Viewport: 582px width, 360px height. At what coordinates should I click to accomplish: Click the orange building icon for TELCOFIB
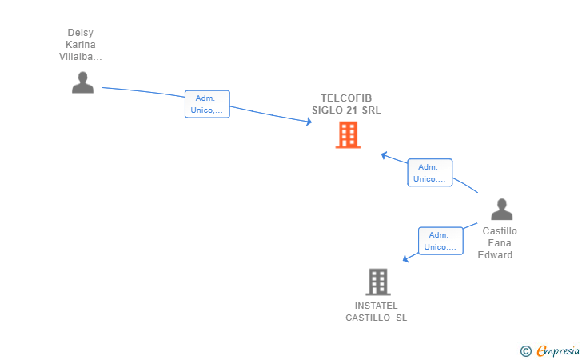(348, 135)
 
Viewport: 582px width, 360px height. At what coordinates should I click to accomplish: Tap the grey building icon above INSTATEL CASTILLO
(377, 282)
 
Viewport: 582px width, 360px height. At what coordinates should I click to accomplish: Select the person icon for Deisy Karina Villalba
(82, 82)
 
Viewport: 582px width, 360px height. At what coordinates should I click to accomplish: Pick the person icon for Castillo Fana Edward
(501, 210)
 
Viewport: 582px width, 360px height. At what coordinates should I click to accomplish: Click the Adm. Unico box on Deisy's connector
(207, 104)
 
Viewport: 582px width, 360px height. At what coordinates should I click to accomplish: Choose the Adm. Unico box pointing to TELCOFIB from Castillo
(429, 173)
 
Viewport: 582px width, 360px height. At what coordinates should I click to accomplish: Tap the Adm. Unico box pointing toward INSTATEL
(440, 241)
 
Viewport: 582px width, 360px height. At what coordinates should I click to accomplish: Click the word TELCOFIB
(346, 98)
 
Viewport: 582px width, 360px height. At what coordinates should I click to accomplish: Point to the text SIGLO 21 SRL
(346, 110)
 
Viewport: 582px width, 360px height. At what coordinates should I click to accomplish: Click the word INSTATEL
(376, 306)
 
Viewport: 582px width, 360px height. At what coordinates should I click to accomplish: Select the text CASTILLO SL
(376, 318)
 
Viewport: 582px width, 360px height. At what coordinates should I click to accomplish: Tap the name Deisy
(81, 33)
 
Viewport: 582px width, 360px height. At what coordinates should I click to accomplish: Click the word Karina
(81, 45)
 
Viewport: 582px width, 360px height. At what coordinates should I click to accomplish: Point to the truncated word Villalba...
(81, 57)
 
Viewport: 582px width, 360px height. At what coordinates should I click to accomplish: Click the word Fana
(500, 243)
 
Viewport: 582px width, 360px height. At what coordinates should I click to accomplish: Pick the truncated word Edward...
(500, 255)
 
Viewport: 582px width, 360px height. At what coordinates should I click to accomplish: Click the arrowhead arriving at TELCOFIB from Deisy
(309, 122)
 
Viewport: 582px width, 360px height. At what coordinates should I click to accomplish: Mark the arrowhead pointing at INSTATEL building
(406, 258)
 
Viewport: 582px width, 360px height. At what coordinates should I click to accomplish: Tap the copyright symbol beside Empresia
(525, 350)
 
